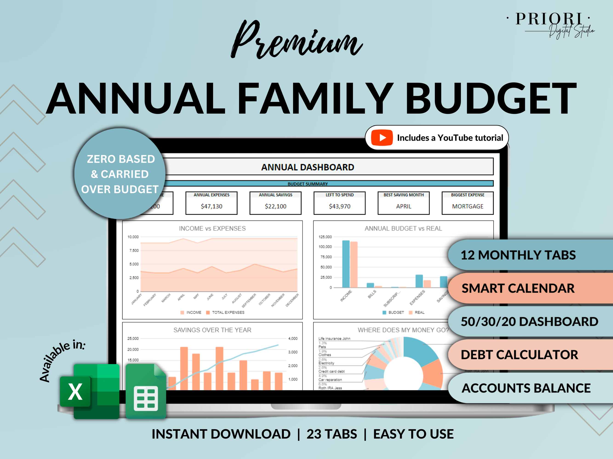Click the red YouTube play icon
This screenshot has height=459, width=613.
pos(382,137)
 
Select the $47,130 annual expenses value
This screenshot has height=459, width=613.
pos(211,206)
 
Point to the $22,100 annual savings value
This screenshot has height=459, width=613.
pos(275,206)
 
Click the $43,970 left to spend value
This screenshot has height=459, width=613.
pos(339,206)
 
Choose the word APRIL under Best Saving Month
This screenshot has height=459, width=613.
pos(403,206)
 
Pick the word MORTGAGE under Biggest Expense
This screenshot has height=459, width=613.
pos(468,206)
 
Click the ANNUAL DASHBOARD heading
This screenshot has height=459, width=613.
pos(308,167)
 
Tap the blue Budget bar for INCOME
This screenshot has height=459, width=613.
pos(346,264)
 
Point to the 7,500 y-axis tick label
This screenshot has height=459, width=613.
pos(134,250)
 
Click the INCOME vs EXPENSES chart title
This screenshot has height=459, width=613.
pos(212,228)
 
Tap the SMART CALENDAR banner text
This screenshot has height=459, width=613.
pos(518,288)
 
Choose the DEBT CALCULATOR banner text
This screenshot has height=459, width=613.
pos(519,355)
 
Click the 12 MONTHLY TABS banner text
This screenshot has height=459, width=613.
pos(518,255)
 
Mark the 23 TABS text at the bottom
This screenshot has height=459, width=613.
pos(331,434)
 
